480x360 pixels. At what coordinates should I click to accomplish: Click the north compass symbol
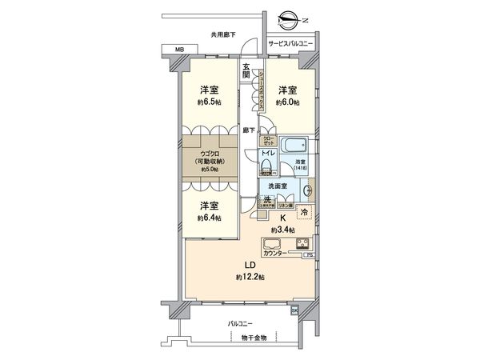tap(290, 20)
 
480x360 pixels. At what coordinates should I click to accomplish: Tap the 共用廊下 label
tap(223, 34)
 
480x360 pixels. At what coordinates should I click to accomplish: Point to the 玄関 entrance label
tap(246, 70)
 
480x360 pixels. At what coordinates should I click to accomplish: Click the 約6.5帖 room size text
tap(205, 102)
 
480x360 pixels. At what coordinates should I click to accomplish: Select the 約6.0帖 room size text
tap(287, 102)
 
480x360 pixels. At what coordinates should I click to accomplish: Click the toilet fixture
tap(266, 167)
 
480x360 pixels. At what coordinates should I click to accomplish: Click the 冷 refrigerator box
tap(305, 213)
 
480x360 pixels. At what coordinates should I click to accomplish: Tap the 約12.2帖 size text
tap(250, 276)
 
